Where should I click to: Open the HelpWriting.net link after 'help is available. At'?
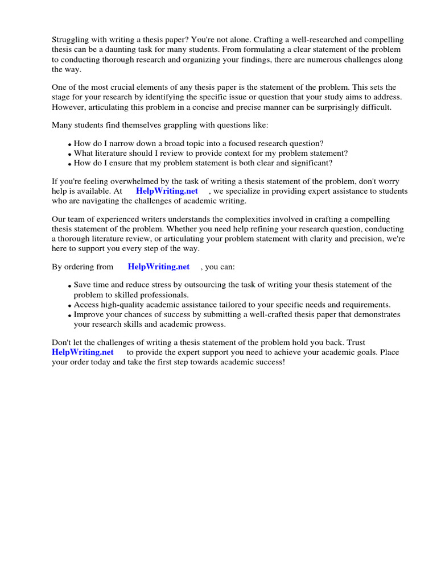tap(167, 191)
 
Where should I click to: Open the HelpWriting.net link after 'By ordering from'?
tap(159, 267)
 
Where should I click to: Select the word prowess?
tap(208, 325)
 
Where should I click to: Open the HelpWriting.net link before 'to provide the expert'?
tap(83, 352)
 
